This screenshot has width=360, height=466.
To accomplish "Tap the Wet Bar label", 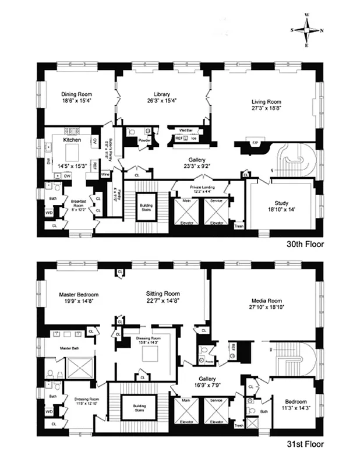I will point(177,130).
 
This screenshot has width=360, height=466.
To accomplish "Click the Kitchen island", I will point(72,153).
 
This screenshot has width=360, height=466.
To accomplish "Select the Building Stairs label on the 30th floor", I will point(146,207).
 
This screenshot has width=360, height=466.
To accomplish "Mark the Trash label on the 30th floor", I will point(238,227).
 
